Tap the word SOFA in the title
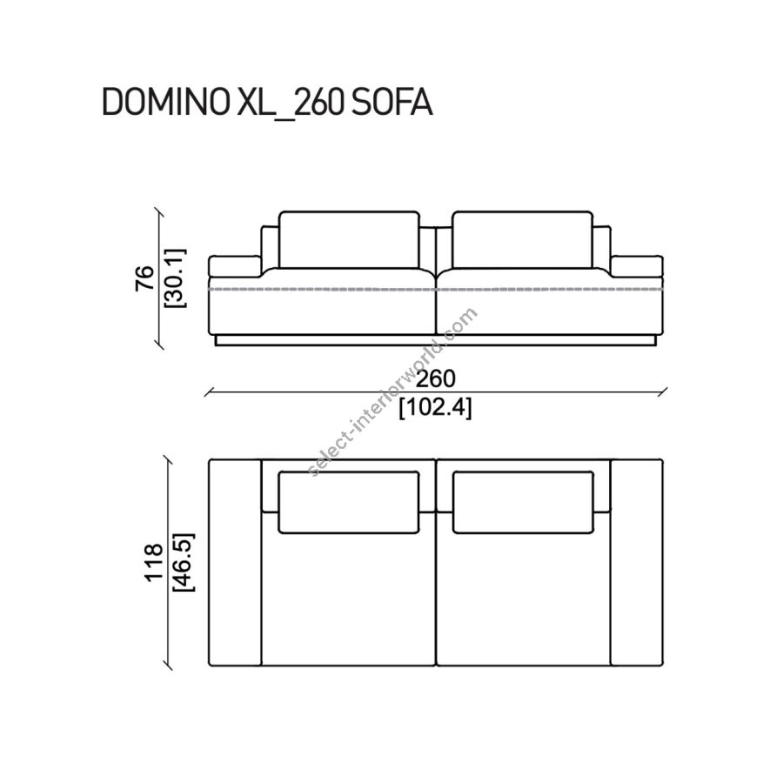click(x=391, y=103)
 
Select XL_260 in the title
click(x=290, y=104)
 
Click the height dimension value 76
click(x=144, y=278)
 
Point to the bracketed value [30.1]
click(x=175, y=278)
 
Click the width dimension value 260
click(x=436, y=379)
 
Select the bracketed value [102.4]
click(x=436, y=409)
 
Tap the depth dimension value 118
click(x=154, y=562)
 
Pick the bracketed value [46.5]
click(x=184, y=562)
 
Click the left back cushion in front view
click(x=349, y=240)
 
